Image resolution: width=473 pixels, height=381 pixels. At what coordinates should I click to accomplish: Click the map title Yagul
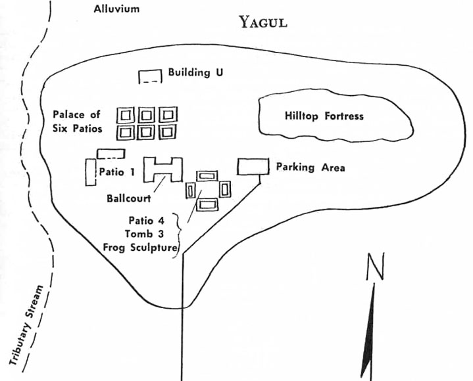(262, 22)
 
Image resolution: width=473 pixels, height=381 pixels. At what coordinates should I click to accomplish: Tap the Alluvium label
(116, 9)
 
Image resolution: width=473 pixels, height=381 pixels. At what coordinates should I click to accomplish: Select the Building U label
(195, 72)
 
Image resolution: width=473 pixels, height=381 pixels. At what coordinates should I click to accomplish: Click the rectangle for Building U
(150, 76)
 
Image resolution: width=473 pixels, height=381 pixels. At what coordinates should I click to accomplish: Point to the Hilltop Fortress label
(324, 116)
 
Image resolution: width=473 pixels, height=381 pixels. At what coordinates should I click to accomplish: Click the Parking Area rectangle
(253, 167)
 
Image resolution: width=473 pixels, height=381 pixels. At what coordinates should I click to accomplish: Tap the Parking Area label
(311, 167)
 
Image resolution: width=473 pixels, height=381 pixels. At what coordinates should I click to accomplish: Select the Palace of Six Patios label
(78, 122)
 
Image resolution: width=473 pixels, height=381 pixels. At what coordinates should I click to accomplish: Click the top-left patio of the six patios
(125, 115)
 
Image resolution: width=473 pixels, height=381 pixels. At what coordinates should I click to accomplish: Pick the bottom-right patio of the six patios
(167, 132)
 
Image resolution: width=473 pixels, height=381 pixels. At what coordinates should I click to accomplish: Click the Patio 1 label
(116, 172)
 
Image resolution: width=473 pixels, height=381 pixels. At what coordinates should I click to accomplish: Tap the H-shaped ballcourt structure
(163, 169)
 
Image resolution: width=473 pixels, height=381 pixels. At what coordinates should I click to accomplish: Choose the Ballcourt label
(129, 198)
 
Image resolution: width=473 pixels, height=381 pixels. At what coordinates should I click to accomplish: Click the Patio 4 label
(147, 221)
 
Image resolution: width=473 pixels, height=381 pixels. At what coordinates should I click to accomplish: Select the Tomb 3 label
(145, 234)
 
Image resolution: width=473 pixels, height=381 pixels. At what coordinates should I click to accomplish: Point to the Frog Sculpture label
(140, 248)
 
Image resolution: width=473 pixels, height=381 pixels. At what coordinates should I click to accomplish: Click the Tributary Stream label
(26, 325)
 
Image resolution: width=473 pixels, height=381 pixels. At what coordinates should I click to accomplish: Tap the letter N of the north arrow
(375, 266)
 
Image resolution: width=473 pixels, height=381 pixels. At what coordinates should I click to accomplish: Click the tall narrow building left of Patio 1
(91, 172)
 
